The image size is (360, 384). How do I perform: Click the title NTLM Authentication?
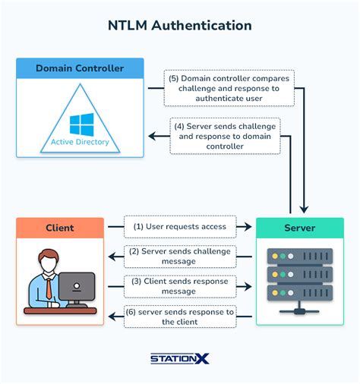click(180, 25)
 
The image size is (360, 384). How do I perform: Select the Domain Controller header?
click(80, 68)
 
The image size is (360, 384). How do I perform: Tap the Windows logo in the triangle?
click(80, 123)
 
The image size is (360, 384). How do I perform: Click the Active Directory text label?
click(80, 142)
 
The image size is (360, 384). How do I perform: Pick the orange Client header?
click(60, 227)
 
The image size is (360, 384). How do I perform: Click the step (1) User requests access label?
click(179, 225)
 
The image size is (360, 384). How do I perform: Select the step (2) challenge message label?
click(179, 256)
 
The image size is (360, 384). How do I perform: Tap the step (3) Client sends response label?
click(179, 285)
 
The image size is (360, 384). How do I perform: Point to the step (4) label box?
click(224, 136)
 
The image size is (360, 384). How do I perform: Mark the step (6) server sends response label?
click(179, 316)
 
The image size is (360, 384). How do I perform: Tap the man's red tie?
click(49, 288)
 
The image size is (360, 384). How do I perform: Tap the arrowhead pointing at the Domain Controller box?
click(150, 137)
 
